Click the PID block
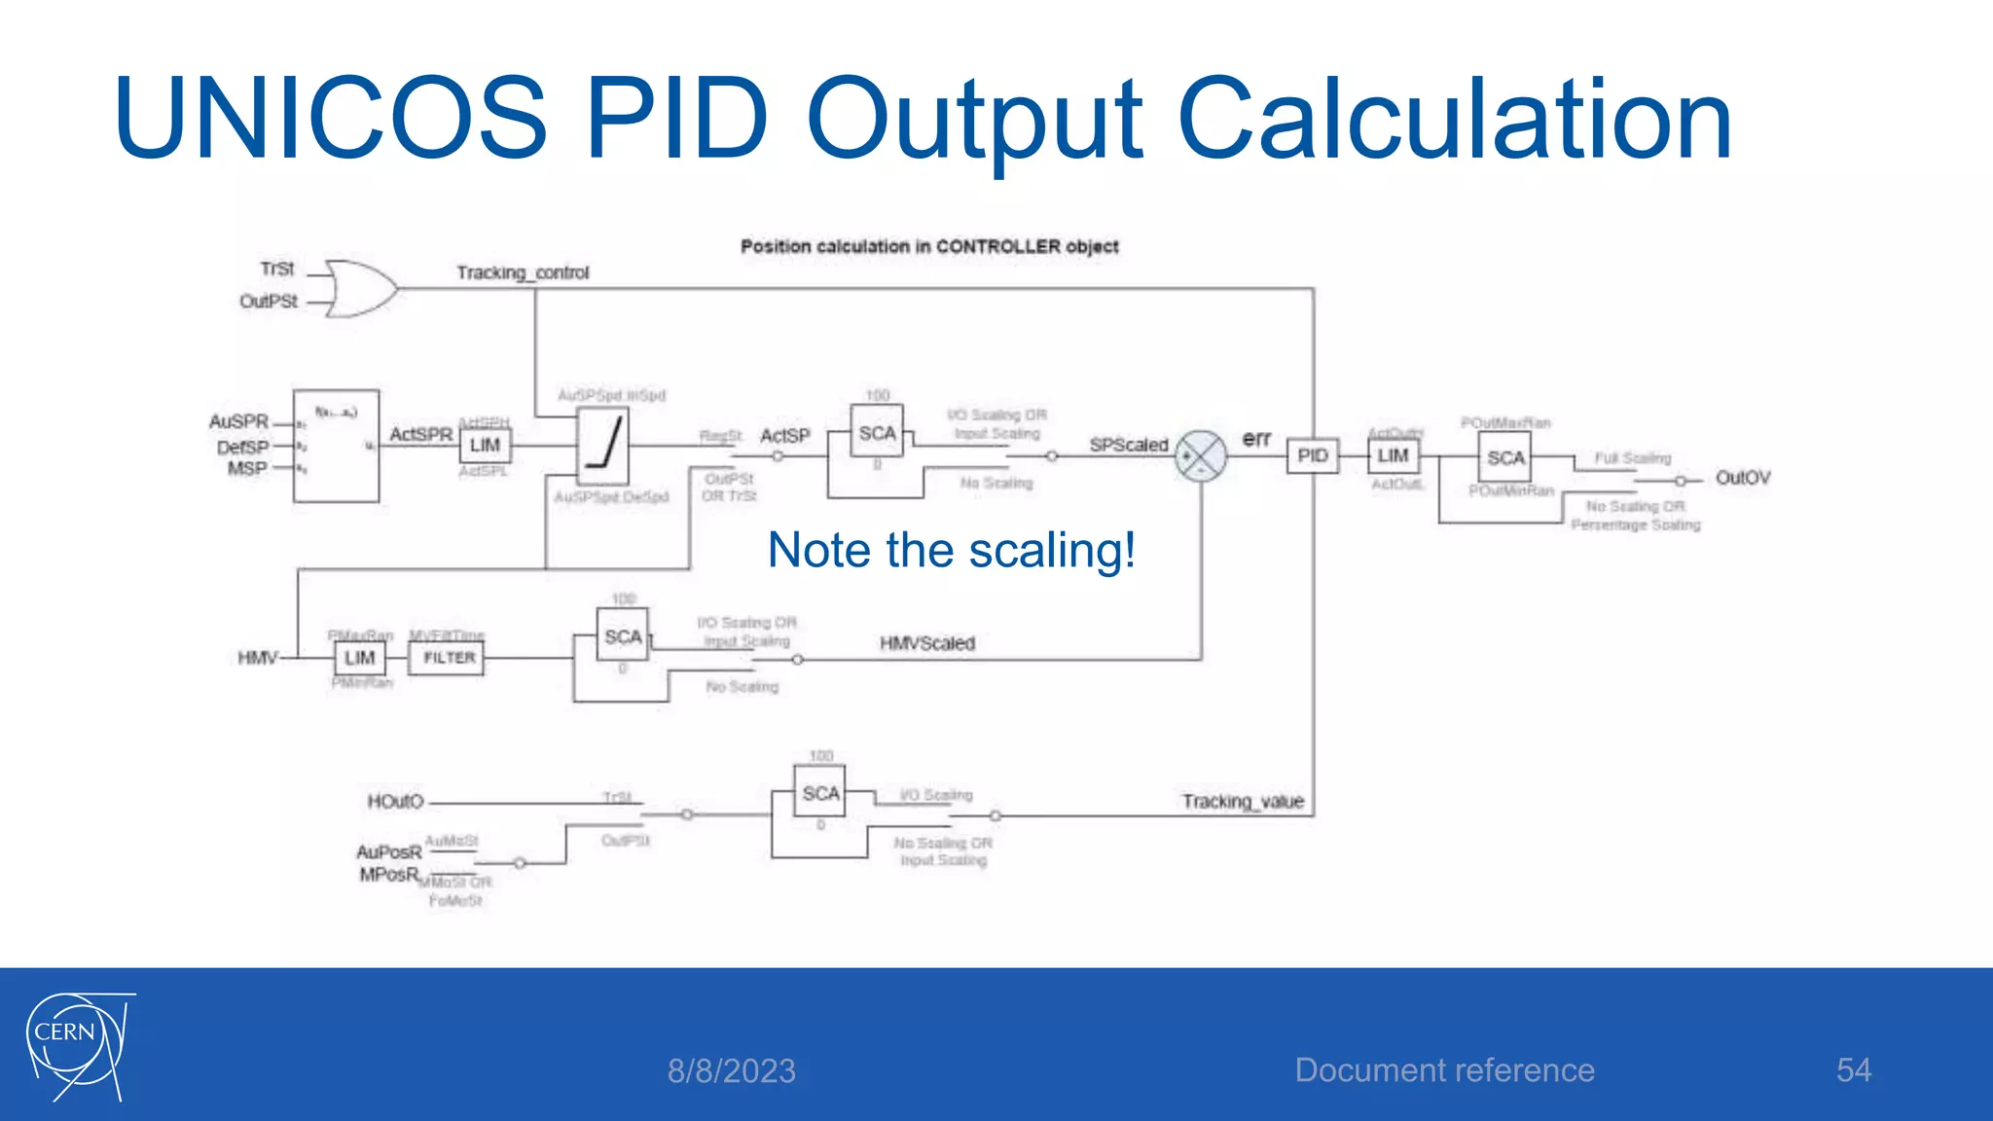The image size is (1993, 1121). (1312, 455)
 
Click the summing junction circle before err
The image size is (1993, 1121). (1201, 455)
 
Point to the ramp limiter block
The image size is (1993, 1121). (603, 447)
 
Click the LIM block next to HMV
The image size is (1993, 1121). (359, 659)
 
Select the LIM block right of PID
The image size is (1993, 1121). (1393, 455)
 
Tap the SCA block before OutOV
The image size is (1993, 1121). (1504, 457)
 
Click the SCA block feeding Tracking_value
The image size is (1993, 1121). (820, 794)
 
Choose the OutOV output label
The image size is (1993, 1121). (1742, 478)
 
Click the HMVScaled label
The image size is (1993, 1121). (926, 643)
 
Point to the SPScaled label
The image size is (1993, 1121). (1128, 445)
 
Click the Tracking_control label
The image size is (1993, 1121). (523, 272)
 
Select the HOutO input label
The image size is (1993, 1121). (395, 802)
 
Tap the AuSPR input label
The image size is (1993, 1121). (238, 421)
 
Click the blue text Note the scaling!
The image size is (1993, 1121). (951, 551)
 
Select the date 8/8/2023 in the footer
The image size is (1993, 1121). (731, 1071)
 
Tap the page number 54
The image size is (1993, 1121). (1853, 1070)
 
